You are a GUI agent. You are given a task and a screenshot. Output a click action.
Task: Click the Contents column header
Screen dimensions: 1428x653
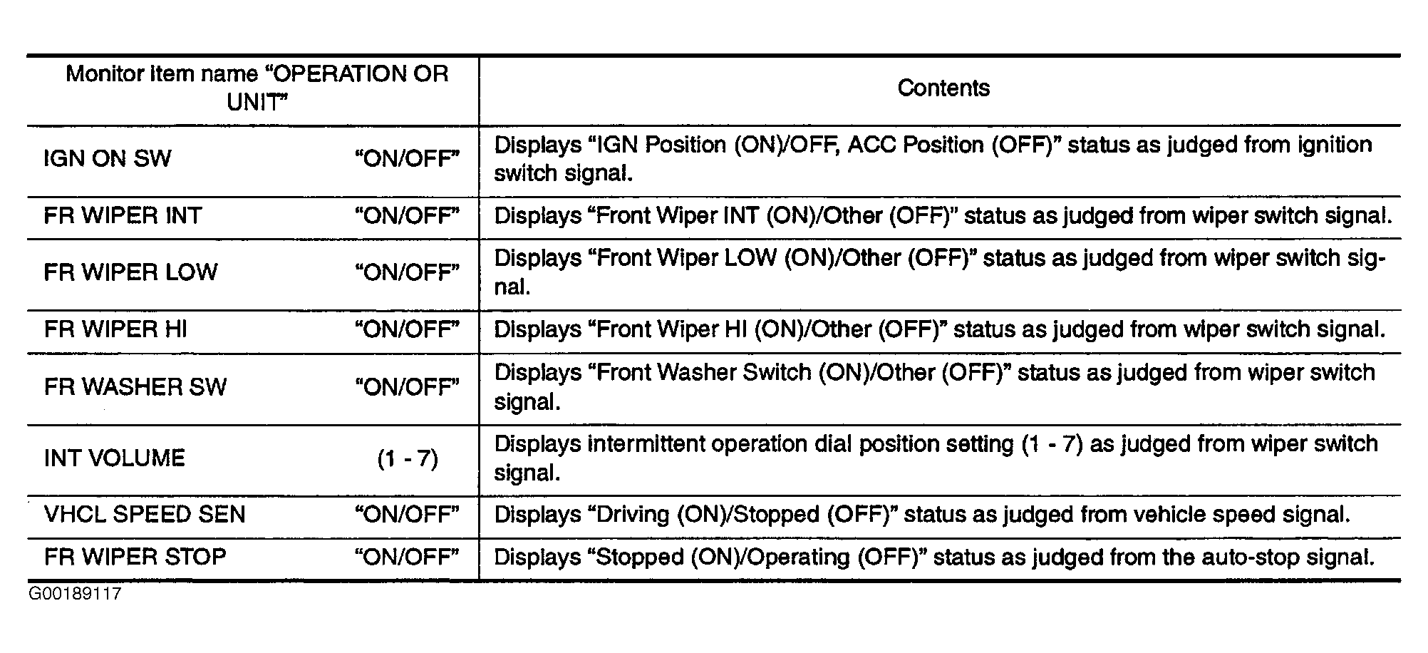pyautogui.click(x=943, y=88)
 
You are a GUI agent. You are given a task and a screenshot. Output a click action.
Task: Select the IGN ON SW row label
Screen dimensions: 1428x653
pyautogui.click(x=108, y=158)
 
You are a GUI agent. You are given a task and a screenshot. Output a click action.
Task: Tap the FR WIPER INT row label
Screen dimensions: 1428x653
pyautogui.click(x=123, y=215)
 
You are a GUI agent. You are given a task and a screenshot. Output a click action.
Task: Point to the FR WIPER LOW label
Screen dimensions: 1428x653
pyautogui.click(x=130, y=272)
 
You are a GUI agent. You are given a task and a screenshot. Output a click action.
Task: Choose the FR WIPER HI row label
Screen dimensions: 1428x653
pyautogui.click(x=115, y=329)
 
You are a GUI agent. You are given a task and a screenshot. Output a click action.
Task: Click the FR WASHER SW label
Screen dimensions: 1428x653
pyautogui.click(x=135, y=387)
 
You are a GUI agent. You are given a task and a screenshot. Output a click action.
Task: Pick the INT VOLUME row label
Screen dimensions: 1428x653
pyautogui.click(x=115, y=458)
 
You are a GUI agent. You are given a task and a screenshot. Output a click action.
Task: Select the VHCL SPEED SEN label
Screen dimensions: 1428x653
pyautogui.click(x=145, y=515)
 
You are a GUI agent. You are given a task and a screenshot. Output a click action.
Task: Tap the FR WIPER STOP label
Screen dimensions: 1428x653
pyautogui.click(x=135, y=557)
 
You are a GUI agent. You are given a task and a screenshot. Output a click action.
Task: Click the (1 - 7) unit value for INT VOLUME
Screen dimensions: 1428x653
pyautogui.click(x=408, y=458)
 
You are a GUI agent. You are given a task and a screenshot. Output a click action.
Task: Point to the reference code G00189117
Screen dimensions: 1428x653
pyautogui.click(x=76, y=594)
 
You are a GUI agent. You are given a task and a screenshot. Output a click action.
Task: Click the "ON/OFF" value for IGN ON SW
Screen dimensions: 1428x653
pyautogui.click(x=407, y=158)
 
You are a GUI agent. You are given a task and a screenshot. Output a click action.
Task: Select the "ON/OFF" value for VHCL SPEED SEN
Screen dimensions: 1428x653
pyautogui.click(x=407, y=515)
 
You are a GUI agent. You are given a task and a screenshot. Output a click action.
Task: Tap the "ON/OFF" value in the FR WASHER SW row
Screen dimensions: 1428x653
pyautogui.click(x=407, y=387)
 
